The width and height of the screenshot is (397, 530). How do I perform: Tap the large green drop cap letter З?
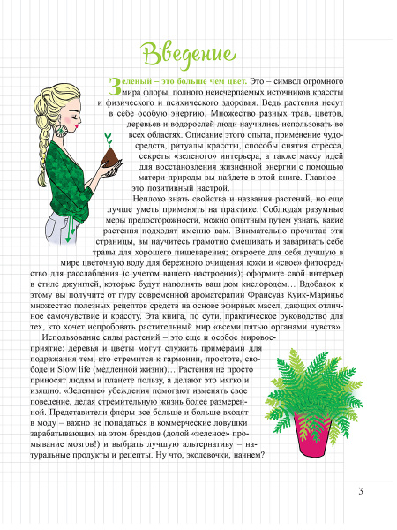112,85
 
